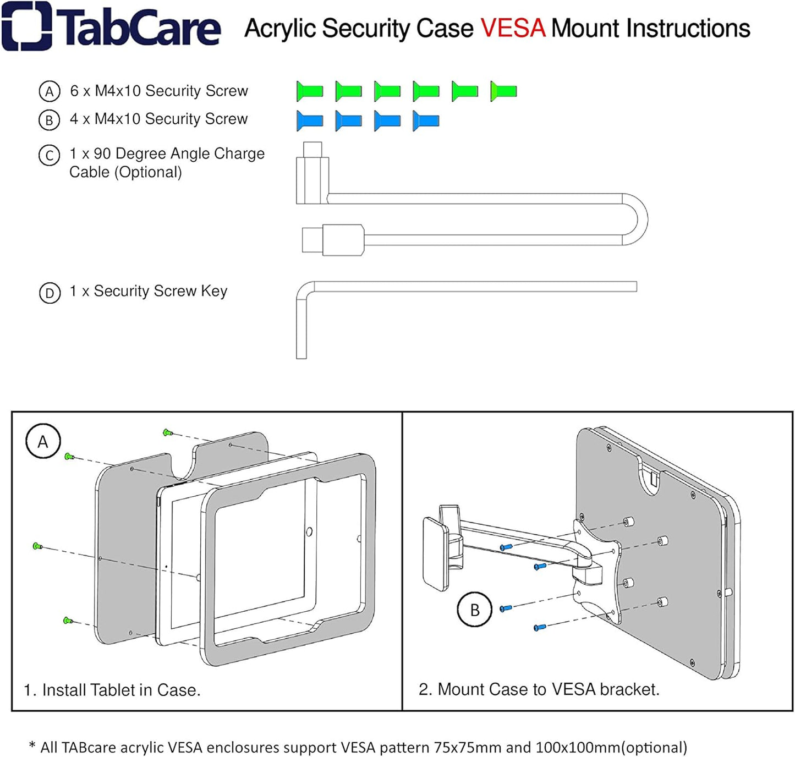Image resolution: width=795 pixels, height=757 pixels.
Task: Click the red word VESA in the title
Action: pos(513,29)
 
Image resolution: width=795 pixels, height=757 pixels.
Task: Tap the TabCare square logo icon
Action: pos(26,26)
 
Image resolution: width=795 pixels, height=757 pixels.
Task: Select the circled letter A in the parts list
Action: pos(49,91)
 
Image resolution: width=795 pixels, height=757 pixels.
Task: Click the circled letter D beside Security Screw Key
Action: pos(50,293)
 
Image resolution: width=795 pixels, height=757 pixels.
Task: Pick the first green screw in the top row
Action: pos(309,91)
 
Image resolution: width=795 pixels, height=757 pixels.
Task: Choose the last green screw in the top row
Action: pos(503,91)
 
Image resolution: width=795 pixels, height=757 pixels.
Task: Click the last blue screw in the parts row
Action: pos(426,120)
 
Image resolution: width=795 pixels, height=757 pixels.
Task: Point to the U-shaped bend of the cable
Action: pos(638,219)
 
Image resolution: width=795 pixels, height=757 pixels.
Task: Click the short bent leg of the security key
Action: pos(301,330)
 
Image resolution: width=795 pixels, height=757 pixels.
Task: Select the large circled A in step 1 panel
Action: pos(43,442)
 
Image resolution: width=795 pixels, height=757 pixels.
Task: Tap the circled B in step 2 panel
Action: pos(475,610)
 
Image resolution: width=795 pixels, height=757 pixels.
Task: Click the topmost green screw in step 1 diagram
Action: pos(168,433)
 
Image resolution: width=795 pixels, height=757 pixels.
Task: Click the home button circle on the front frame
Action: pos(309,531)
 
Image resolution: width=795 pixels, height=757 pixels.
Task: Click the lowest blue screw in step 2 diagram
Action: pos(539,627)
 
